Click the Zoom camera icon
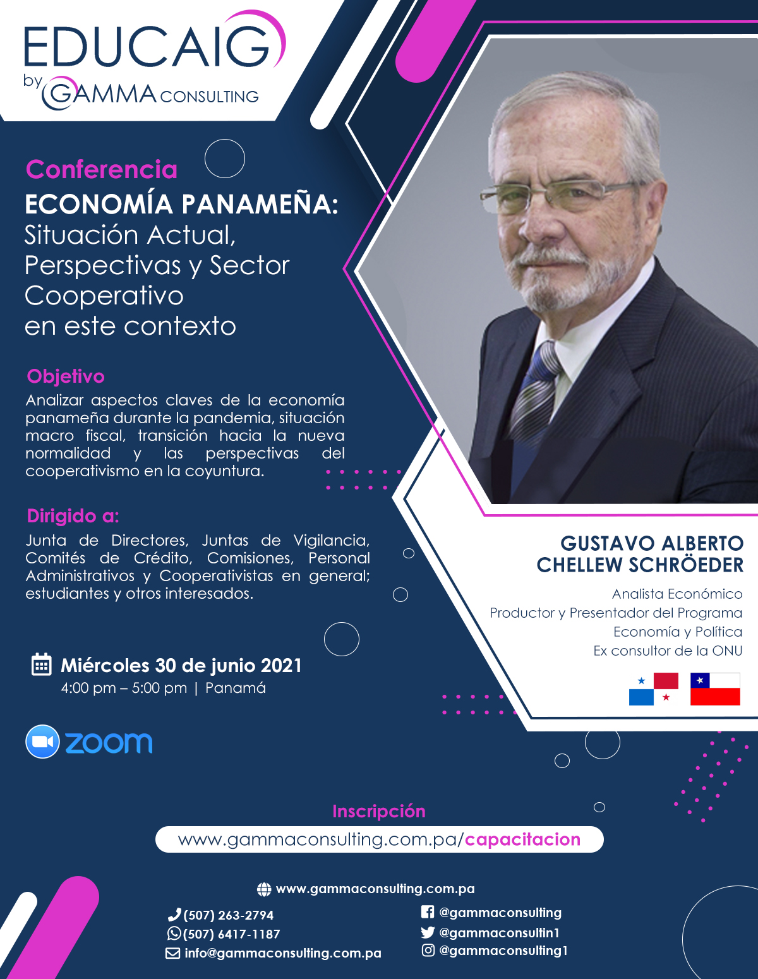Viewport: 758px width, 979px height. (42, 742)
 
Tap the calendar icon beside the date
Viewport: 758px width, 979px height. (42, 664)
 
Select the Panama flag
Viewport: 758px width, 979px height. (654, 689)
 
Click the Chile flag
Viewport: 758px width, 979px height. (715, 689)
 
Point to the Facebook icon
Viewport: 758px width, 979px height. (428, 912)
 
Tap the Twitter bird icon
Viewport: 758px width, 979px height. (428, 932)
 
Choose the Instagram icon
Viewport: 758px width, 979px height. (428, 950)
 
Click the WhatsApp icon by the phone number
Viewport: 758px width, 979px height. (174, 933)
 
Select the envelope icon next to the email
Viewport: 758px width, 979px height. (172, 953)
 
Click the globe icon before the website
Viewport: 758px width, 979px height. (264, 889)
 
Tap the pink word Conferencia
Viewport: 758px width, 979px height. (101, 169)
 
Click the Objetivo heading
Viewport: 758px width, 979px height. (66, 376)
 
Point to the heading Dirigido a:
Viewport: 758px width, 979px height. (73, 516)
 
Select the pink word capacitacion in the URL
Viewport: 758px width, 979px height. (522, 840)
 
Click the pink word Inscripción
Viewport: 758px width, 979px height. (379, 812)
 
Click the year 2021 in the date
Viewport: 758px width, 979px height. (281, 666)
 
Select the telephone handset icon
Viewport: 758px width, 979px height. (174, 914)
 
